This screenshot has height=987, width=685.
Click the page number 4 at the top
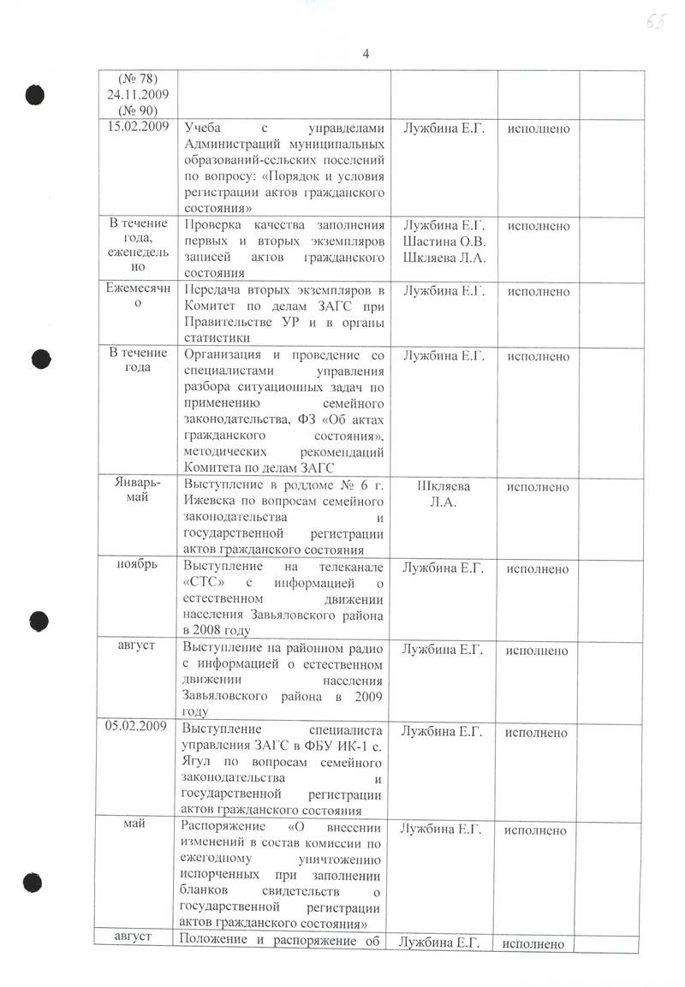click(x=366, y=54)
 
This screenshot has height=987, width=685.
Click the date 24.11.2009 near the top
click(x=136, y=95)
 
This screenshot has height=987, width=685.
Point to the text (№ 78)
click(x=136, y=80)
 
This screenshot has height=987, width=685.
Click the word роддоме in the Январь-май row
click(x=295, y=486)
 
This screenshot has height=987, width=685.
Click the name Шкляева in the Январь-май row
click(x=443, y=486)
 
